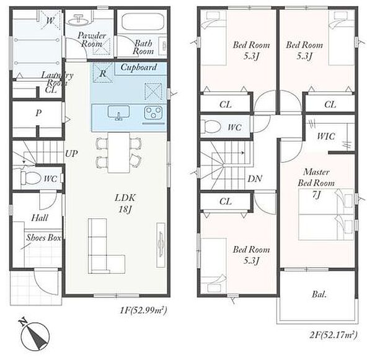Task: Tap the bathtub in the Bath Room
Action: click(x=142, y=22)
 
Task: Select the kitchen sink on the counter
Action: click(x=118, y=113)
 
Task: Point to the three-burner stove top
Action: click(x=153, y=113)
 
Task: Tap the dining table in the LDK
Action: click(x=119, y=152)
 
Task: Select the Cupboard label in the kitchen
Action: click(x=139, y=68)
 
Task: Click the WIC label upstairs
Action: click(x=326, y=136)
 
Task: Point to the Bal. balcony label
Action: click(x=319, y=294)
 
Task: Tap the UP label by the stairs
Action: click(x=71, y=154)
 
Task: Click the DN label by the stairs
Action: click(x=255, y=178)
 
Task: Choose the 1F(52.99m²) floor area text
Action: click(x=144, y=310)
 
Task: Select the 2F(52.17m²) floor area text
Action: click(x=334, y=335)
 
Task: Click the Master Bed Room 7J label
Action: click(x=316, y=183)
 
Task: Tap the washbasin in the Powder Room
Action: click(x=79, y=20)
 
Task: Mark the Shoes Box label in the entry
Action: click(x=43, y=237)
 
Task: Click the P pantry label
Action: click(x=38, y=113)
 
